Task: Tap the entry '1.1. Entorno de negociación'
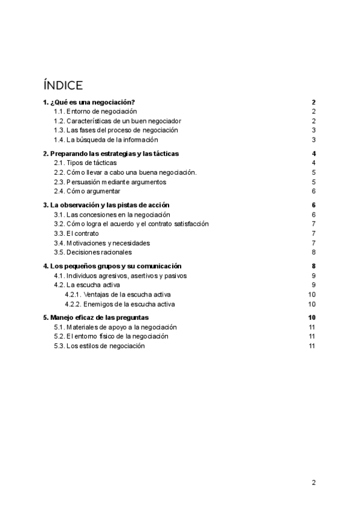(x=95, y=112)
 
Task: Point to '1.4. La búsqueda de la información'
(x=106, y=140)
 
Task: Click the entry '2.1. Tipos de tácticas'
(x=85, y=163)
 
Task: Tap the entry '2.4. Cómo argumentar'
(x=87, y=191)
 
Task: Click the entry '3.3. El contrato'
(x=76, y=233)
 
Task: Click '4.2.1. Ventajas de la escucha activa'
(x=118, y=295)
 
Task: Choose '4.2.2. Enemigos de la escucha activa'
(x=120, y=304)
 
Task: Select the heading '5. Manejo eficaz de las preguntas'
(x=96, y=318)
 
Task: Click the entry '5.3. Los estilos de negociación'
(x=100, y=346)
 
